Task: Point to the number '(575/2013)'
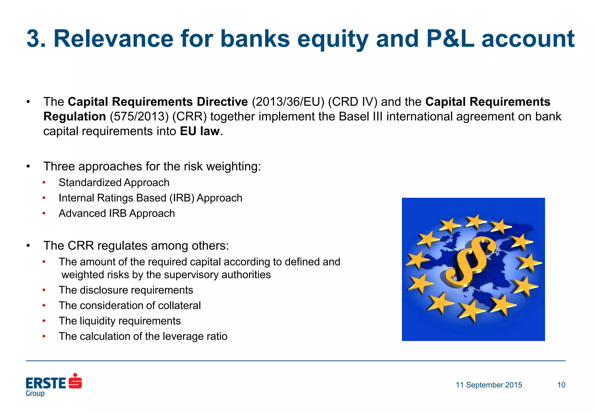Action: (x=139, y=117)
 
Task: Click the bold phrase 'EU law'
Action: (x=200, y=131)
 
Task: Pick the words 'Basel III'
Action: (x=361, y=117)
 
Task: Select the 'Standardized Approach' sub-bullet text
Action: (x=114, y=183)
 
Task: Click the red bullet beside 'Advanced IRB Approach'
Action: (x=44, y=213)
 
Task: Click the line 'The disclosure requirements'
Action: (x=126, y=290)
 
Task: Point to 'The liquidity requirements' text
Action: (x=120, y=321)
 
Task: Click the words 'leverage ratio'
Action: (x=195, y=336)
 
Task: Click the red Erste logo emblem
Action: (x=75, y=381)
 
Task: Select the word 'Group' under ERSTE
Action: (x=35, y=393)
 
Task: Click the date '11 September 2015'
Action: (x=489, y=385)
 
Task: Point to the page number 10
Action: (x=561, y=385)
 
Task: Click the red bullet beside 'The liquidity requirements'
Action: (x=44, y=321)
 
